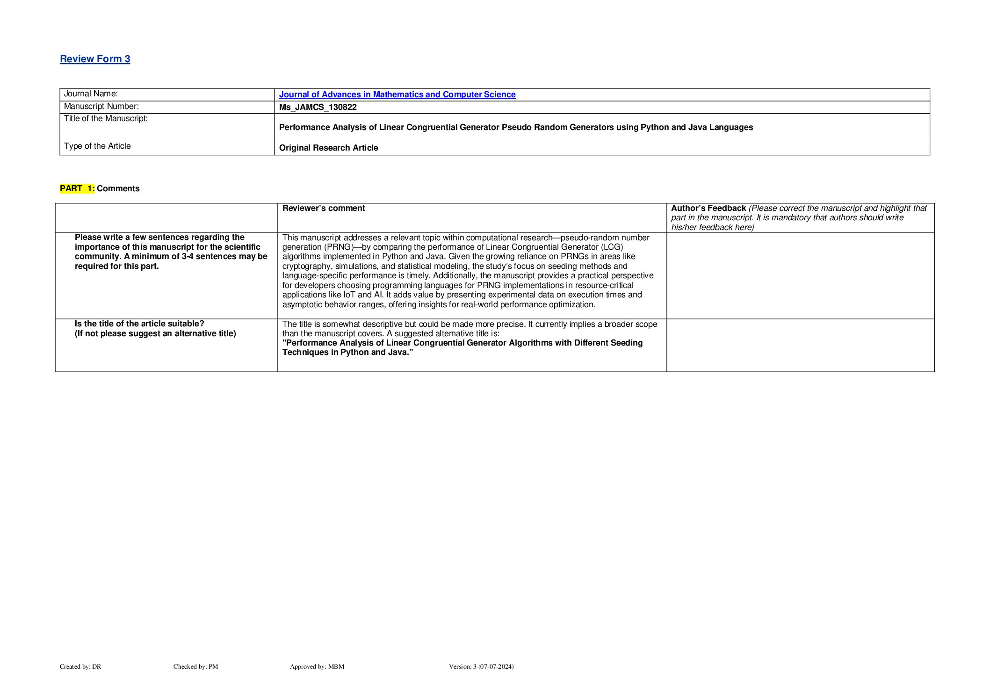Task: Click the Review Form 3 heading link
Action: pyautogui.click(x=95, y=59)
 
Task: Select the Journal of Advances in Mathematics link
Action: pyautogui.click(x=397, y=94)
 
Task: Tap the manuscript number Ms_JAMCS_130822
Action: pyautogui.click(x=318, y=107)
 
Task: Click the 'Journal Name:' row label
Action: pyautogui.click(x=91, y=94)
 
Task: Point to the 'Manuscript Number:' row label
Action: pyautogui.click(x=101, y=107)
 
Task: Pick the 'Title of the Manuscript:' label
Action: pyautogui.click(x=106, y=119)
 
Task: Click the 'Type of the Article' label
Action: pyautogui.click(x=97, y=146)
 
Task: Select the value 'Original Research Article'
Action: pyautogui.click(x=328, y=148)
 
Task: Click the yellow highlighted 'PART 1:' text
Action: pyautogui.click(x=77, y=188)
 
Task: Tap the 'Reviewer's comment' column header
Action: pyautogui.click(x=324, y=208)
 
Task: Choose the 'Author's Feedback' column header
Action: pyautogui.click(x=708, y=208)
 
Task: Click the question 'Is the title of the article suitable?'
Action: pyautogui.click(x=139, y=324)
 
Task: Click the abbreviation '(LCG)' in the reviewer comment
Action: pyautogui.click(x=612, y=247)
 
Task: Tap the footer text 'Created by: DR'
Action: pyautogui.click(x=80, y=666)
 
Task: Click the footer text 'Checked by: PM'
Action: pyautogui.click(x=195, y=666)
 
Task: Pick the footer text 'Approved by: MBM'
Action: pyautogui.click(x=317, y=666)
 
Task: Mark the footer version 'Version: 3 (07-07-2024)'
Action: pyautogui.click(x=481, y=666)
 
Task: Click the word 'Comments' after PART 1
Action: pyautogui.click(x=118, y=188)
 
